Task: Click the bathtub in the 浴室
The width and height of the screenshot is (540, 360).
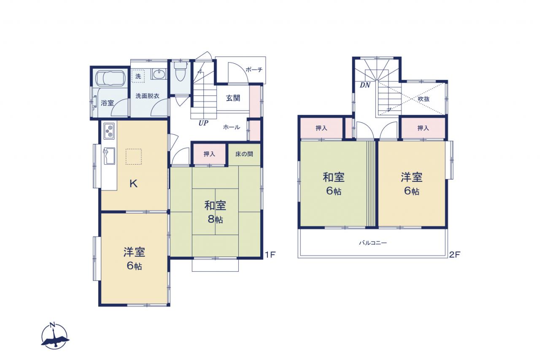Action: pos(111,78)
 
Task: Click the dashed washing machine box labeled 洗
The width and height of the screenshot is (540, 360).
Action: pos(138,76)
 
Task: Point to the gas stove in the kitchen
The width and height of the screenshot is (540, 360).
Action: pos(109,131)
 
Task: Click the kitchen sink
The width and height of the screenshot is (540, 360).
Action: pos(109,156)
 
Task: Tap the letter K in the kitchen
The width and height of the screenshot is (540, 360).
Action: pos(134,184)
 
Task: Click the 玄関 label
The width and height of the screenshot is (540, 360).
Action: pos(233,98)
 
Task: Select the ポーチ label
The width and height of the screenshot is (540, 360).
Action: pos(254,70)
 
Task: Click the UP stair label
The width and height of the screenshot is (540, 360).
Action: pos(203,123)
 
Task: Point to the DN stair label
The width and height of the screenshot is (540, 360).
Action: pos(365,85)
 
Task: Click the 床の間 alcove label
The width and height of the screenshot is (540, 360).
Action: pos(244,154)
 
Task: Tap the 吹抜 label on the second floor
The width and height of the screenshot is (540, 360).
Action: pos(424,99)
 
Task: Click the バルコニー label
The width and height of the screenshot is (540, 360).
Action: pos(373,243)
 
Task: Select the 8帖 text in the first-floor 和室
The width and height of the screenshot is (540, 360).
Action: pos(215,219)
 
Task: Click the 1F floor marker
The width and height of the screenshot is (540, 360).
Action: pos(270,254)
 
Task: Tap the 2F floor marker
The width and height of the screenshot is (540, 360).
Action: pos(455,254)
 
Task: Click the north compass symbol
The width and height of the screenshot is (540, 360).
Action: pos(54,336)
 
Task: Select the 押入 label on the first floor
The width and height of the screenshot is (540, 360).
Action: pos(209,154)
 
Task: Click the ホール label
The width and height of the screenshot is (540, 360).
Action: pos(232,127)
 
